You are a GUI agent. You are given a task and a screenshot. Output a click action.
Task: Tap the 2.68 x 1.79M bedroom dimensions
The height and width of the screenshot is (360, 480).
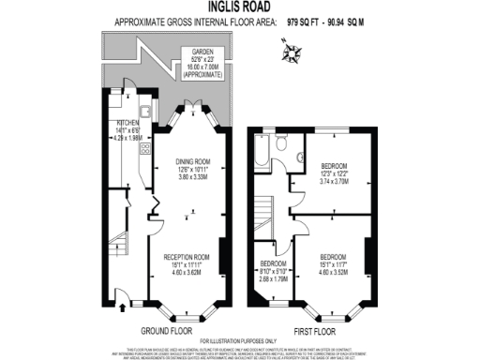tap(273, 278)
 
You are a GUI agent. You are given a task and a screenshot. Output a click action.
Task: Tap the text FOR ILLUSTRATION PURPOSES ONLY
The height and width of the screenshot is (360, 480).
tap(241, 339)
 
